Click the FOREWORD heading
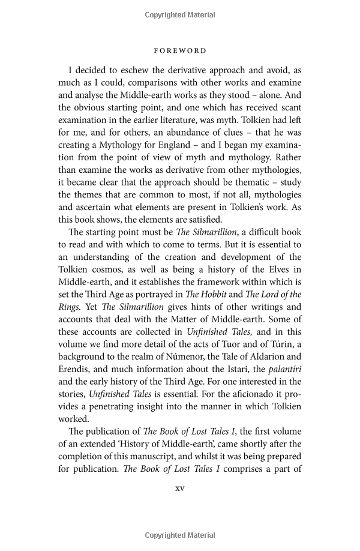[179, 51]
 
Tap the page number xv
[179, 488]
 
